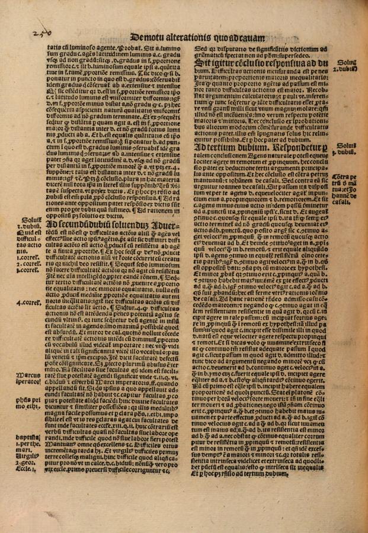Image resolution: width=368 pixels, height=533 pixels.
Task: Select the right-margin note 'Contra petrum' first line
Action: click(345, 177)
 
